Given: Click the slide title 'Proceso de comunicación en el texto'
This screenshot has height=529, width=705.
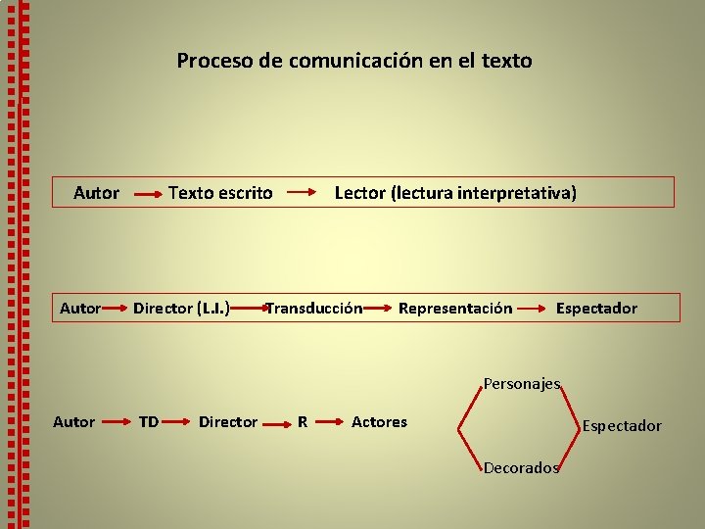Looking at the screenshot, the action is [354, 61].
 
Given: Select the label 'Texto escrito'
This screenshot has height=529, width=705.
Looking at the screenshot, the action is [220, 193].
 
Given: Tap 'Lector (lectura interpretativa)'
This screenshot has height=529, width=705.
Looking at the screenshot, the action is [455, 193].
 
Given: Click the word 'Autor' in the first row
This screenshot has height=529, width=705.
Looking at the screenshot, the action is [96, 193].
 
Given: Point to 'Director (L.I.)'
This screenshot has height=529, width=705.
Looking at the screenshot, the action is [182, 309].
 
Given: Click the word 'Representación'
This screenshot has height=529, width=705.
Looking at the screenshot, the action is [454, 309].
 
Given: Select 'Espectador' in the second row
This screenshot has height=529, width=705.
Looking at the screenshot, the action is [596, 309].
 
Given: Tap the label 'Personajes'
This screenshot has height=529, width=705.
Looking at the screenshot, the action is [522, 384].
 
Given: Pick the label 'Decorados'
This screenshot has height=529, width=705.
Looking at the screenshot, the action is [521, 467].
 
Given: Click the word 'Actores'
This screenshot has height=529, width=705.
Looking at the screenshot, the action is [379, 422].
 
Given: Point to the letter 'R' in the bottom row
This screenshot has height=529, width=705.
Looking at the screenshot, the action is [303, 423].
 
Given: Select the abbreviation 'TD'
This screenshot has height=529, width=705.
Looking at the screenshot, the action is [149, 422].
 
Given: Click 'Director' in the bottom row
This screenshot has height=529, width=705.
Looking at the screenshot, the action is [228, 422].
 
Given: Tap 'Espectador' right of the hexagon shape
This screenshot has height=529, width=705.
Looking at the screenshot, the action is [622, 426].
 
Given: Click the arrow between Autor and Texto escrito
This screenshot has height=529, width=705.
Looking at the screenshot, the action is [147, 195].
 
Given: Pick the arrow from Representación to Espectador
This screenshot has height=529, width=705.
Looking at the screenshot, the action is [533, 310].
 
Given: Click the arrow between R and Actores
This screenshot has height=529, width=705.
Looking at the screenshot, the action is [330, 423].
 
